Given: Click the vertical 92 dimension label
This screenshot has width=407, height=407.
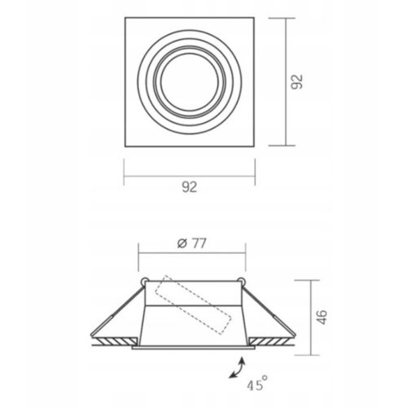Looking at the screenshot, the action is coord(297,81).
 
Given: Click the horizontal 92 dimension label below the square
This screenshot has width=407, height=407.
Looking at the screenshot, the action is coord(190,187).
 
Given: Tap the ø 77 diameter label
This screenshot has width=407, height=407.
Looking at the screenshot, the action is coord(192,243).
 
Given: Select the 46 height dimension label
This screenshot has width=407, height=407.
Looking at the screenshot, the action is coord(322,317).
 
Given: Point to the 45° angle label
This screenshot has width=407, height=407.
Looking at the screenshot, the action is coord(257,383).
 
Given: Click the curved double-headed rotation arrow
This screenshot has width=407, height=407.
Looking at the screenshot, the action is coord(237,368).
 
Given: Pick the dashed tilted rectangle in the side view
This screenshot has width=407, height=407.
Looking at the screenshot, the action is coord(193,304).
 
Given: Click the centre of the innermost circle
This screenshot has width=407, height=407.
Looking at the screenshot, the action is coord(190,82).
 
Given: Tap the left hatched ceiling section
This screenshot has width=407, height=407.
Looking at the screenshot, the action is coord(115,341).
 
